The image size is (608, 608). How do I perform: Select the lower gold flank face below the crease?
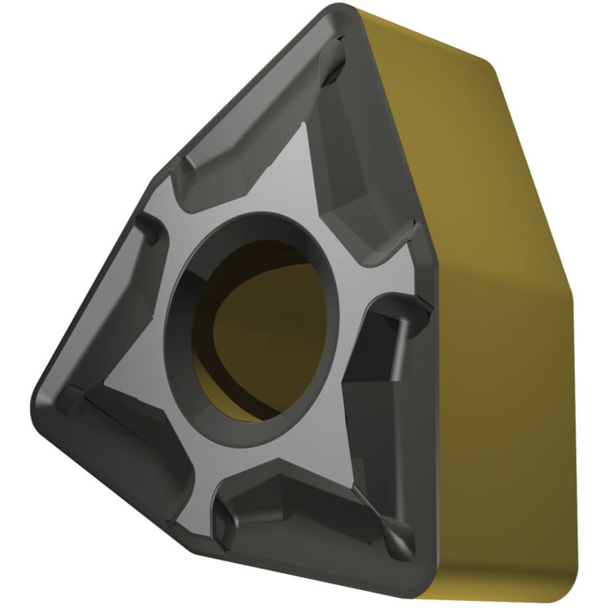point(498,427)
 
